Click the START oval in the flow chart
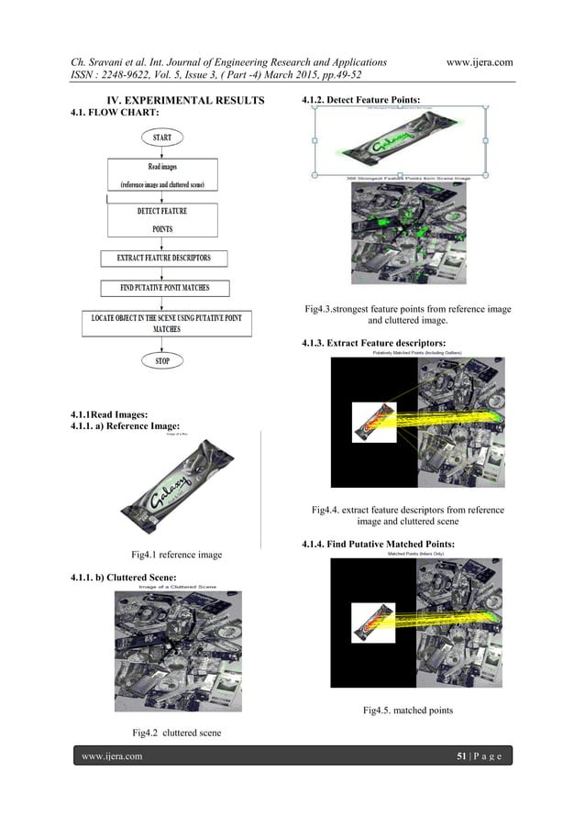point(161,138)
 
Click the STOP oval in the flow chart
point(161,360)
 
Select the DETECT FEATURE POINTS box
point(162,220)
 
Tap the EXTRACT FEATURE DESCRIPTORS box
point(163,259)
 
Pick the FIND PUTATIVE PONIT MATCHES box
point(164,288)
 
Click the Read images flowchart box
point(162,174)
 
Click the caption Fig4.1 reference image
point(177,554)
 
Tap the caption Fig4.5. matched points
point(407,711)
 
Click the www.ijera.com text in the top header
point(479,62)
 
